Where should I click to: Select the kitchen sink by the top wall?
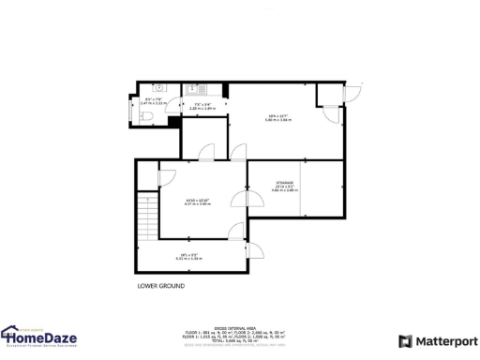(x=192, y=91)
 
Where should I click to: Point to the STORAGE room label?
(x=285, y=182)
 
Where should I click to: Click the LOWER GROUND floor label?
(x=161, y=285)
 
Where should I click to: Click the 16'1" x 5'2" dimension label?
(x=190, y=256)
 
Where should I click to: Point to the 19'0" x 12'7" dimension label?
(x=274, y=117)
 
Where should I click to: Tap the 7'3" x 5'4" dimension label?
(x=203, y=106)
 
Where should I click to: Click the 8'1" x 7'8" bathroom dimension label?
(x=154, y=100)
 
